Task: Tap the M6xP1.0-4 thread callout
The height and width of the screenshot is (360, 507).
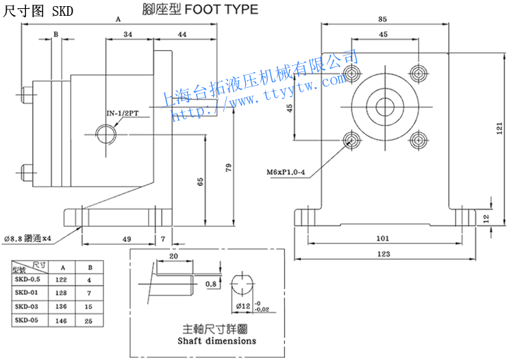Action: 286,171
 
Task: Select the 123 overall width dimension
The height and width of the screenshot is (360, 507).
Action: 384,254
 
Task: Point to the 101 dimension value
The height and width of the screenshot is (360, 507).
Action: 384,239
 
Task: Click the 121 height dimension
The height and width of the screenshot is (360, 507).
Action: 499,127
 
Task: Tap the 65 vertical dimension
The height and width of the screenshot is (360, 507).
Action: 200,182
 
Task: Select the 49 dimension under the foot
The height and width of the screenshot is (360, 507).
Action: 126,239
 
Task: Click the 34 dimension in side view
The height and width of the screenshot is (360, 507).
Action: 128,34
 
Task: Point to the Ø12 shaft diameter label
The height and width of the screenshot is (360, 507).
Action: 242,305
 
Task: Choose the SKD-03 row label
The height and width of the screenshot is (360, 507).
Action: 27,306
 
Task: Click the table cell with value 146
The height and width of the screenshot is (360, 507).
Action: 63,320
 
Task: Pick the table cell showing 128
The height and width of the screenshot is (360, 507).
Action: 63,292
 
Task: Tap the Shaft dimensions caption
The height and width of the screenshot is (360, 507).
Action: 217,340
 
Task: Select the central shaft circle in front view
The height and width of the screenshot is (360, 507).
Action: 383,106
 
